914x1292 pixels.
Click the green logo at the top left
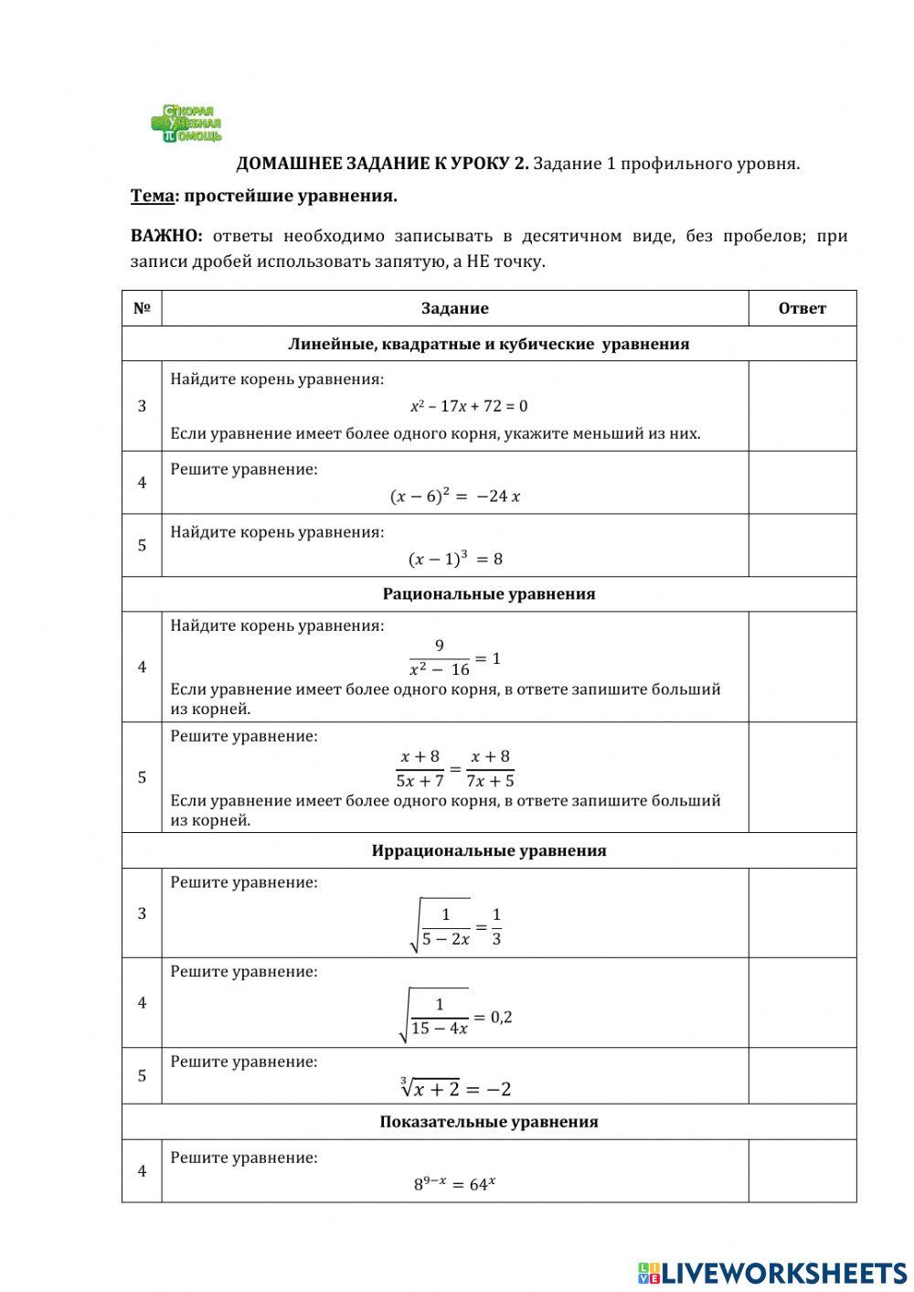pyautogui.click(x=186, y=123)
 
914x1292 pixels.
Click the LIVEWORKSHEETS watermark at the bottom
pyautogui.click(x=772, y=1272)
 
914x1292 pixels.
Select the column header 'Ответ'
pyautogui.click(x=802, y=308)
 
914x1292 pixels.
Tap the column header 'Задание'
pyautogui.click(x=454, y=308)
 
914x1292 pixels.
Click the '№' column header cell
pyautogui.click(x=142, y=308)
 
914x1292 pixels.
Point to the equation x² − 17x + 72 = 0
pyautogui.click(x=469, y=406)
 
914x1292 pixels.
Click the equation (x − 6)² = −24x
pyautogui.click(x=455, y=497)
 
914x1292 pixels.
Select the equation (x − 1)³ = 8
pyautogui.click(x=455, y=559)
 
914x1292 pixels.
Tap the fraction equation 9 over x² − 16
pyautogui.click(x=454, y=658)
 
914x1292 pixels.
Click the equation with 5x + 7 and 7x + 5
pyautogui.click(x=454, y=769)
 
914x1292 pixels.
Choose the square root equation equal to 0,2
pyautogui.click(x=455, y=1016)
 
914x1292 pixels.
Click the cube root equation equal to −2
pyautogui.click(x=455, y=1088)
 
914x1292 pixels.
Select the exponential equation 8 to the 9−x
pyautogui.click(x=454, y=1183)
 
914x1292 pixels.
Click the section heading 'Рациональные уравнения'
pyautogui.click(x=489, y=594)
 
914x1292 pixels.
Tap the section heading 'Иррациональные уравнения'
pyautogui.click(x=489, y=850)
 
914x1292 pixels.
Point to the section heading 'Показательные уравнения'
pyautogui.click(x=489, y=1122)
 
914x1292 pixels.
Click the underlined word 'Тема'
pyautogui.click(x=152, y=196)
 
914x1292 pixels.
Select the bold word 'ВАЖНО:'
pyautogui.click(x=166, y=236)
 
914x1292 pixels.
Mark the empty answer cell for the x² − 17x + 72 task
pyautogui.click(x=802, y=406)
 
